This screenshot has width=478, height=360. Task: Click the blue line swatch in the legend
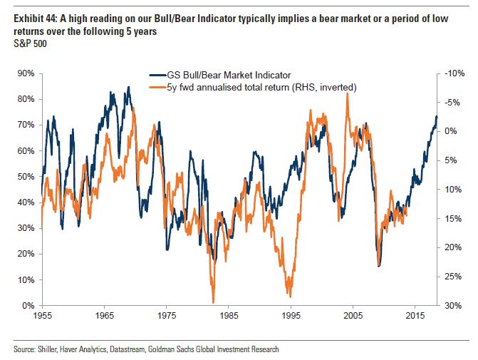(x=157, y=75)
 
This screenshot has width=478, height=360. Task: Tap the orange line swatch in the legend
(x=157, y=86)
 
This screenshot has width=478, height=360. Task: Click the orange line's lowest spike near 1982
(x=213, y=302)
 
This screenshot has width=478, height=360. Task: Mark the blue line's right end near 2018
(x=437, y=117)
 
